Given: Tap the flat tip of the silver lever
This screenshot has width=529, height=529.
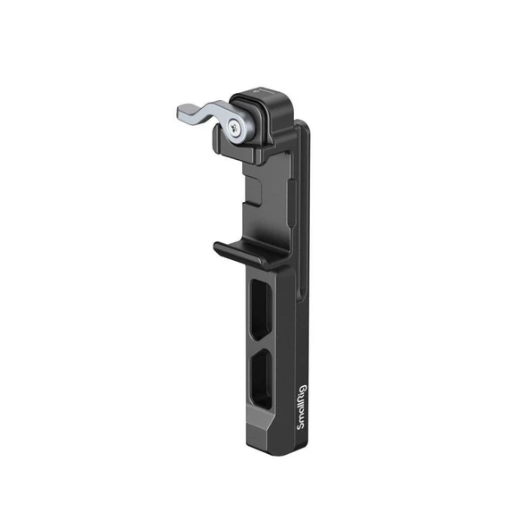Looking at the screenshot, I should click(181, 114).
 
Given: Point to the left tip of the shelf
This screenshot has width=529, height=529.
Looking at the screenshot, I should click(218, 247).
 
